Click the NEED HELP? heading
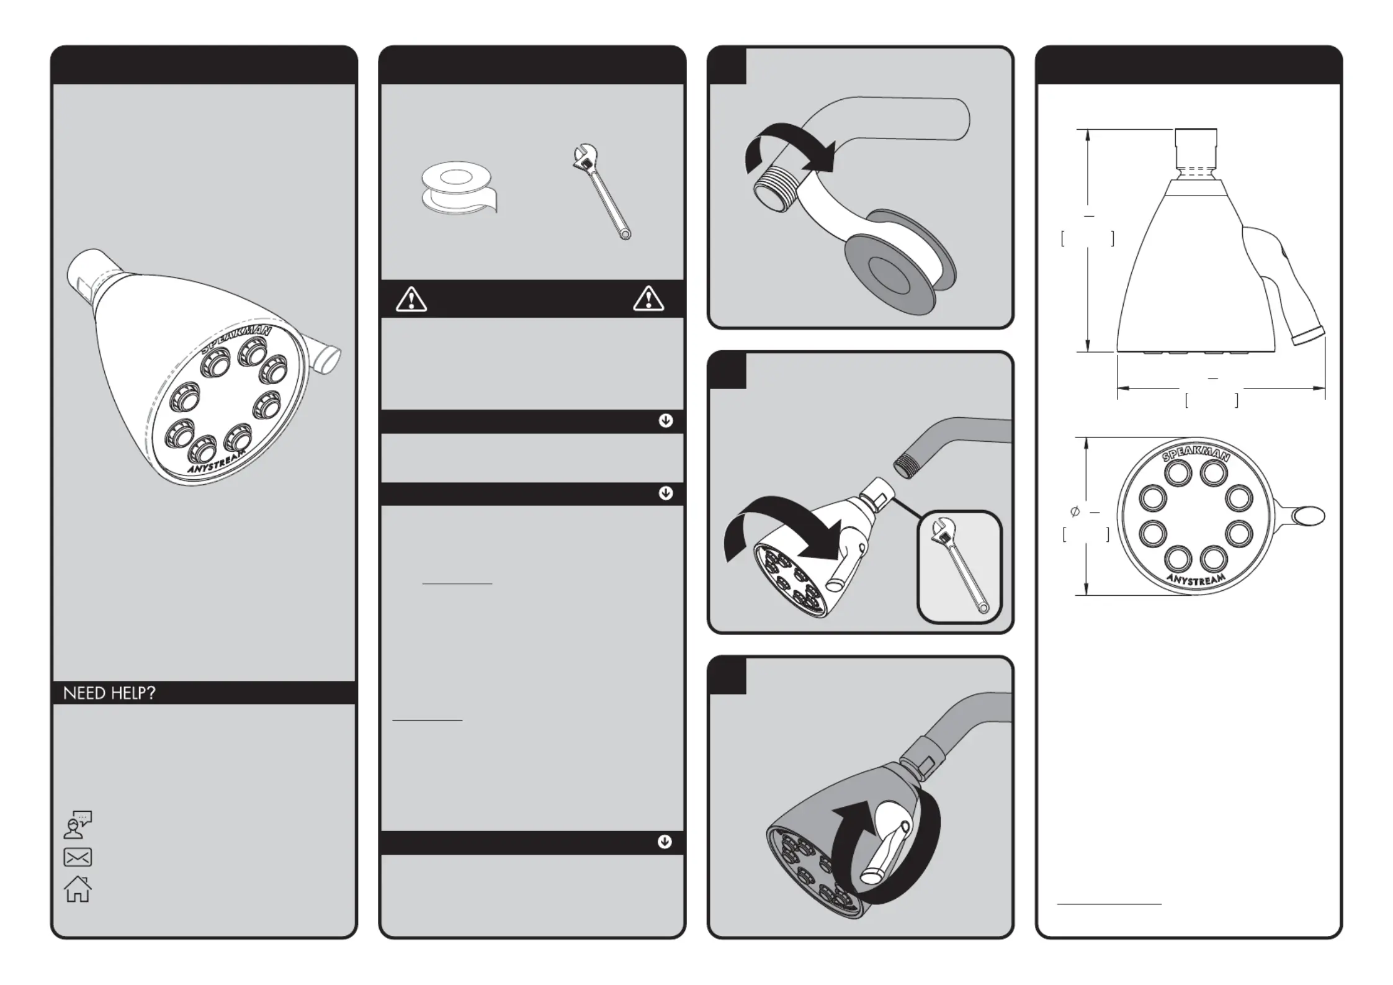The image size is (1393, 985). pyautogui.click(x=109, y=693)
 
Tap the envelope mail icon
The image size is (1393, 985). pyautogui.click(x=78, y=857)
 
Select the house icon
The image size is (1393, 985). pyautogui.click(x=78, y=889)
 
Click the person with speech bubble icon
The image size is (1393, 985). pyautogui.click(x=78, y=824)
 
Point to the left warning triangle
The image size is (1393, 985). pyautogui.click(x=411, y=300)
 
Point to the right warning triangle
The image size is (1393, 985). pyautogui.click(x=648, y=299)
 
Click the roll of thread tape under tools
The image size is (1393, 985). pyautogui.click(x=458, y=187)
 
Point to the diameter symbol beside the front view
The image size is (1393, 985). pyautogui.click(x=1075, y=511)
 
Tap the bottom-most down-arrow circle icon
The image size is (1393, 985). pyautogui.click(x=665, y=842)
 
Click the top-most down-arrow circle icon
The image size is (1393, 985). pyautogui.click(x=666, y=421)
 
